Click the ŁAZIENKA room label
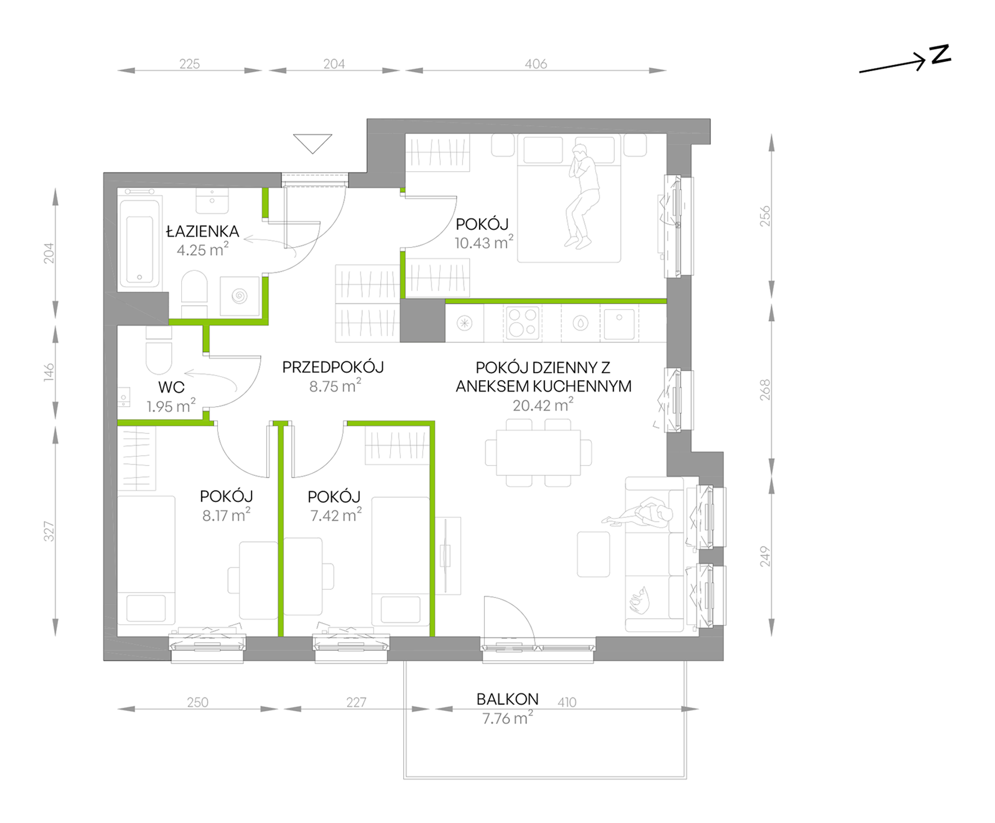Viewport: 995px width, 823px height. [203, 231]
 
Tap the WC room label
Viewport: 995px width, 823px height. [171, 387]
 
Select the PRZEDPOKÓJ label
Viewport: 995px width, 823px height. [333, 368]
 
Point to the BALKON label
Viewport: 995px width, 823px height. [507, 699]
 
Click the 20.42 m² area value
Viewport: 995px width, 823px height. [543, 405]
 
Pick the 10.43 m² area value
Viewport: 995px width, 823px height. [484, 242]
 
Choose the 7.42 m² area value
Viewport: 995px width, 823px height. [336, 515]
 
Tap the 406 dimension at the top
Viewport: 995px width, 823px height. [536, 64]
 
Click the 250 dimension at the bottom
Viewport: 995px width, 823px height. [197, 703]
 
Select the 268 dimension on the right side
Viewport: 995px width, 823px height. [765, 390]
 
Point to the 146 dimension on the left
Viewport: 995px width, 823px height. [49, 372]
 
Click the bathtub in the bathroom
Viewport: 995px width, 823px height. [139, 243]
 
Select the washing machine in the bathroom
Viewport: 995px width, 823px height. [240, 296]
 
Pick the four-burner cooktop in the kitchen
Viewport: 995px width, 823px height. [523, 323]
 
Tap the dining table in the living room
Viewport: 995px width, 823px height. [538, 453]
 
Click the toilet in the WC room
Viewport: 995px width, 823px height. [159, 354]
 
